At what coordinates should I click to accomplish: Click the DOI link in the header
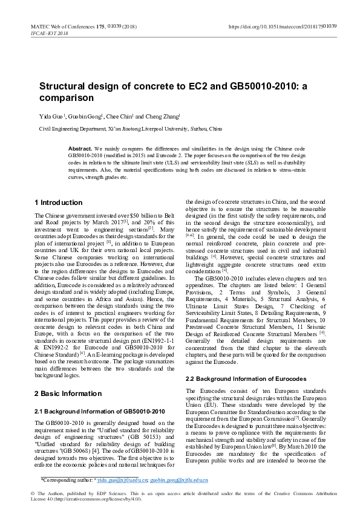coord(283,27)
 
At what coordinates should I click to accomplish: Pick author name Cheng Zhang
coord(162,116)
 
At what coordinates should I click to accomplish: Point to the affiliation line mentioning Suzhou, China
coord(130,129)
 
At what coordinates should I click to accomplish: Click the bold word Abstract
coord(80,148)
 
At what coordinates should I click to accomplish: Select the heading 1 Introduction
coord(59,202)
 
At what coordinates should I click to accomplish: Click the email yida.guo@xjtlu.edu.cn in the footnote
coord(123,479)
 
